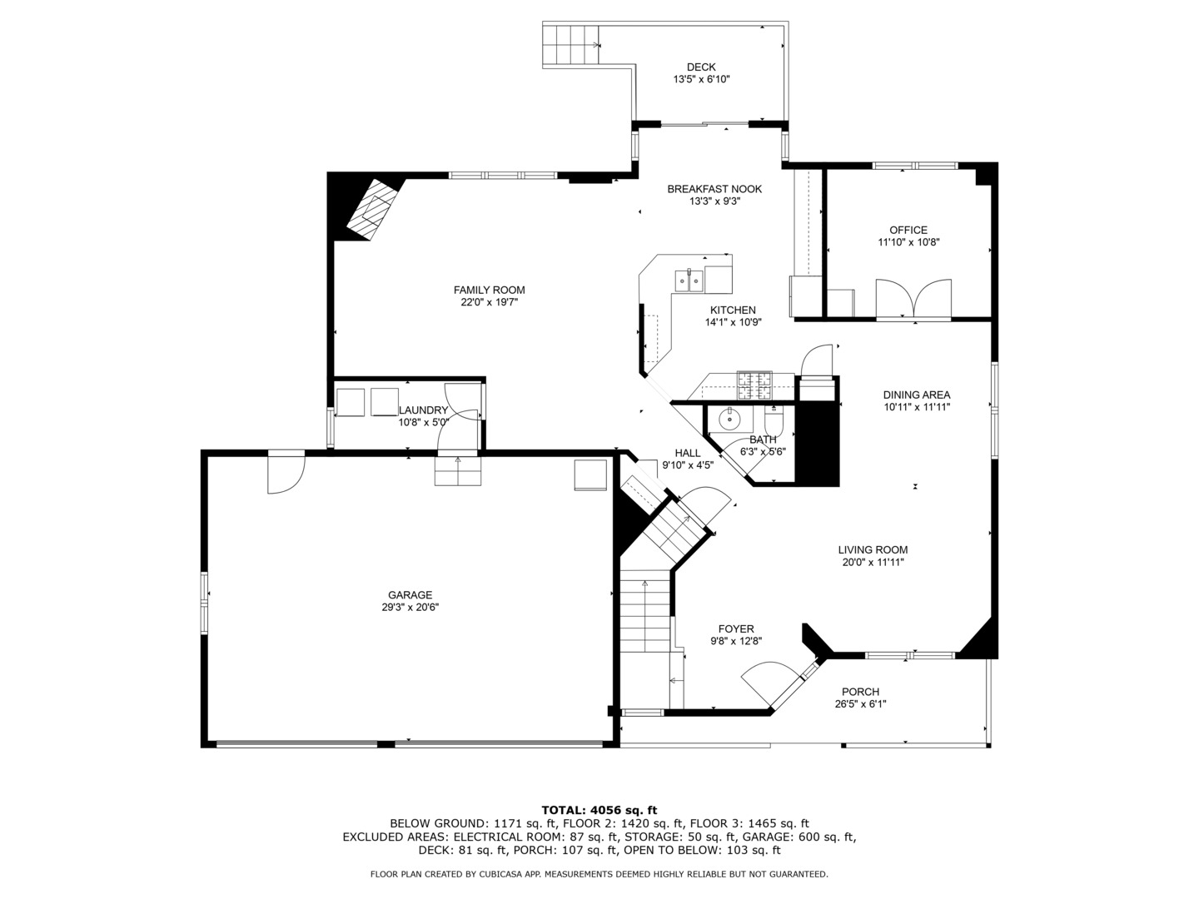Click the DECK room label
click(701, 67)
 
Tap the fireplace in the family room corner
click(372, 209)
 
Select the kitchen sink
click(689, 281)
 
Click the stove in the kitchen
click(754, 385)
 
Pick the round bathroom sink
click(729, 420)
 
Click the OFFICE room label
click(908, 230)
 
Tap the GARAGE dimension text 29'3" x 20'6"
click(410, 607)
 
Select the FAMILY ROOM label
click(489, 290)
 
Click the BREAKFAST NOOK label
click(714, 189)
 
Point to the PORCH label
click(860, 692)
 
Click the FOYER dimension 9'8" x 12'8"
click(736, 641)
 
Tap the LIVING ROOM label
click(873, 549)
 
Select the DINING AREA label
click(917, 395)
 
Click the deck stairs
click(570, 45)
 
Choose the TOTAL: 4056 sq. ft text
click(599, 810)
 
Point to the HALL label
click(687, 453)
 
